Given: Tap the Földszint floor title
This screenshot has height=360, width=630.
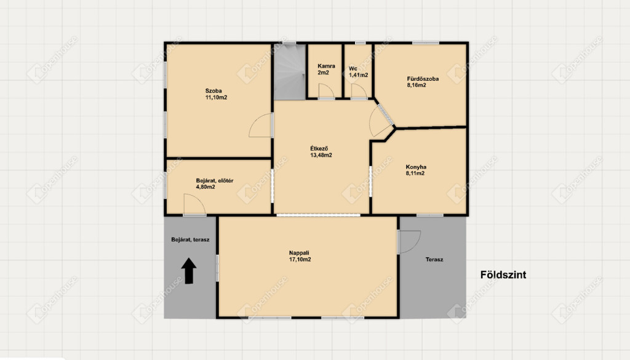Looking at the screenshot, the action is pyautogui.click(x=503, y=275).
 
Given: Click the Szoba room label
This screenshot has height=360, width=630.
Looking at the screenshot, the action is pyautogui.click(x=213, y=91).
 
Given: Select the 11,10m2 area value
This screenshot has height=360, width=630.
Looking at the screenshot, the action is pyautogui.click(x=216, y=97).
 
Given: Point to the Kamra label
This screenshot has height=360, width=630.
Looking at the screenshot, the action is pyautogui.click(x=326, y=66).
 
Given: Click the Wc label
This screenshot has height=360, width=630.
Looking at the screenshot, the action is pyautogui.click(x=353, y=68).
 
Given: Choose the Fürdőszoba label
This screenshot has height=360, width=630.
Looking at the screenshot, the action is pyautogui.click(x=423, y=79).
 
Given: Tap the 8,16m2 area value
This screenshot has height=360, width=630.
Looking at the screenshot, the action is pyautogui.click(x=417, y=85).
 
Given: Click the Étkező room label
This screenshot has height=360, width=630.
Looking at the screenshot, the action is pyautogui.click(x=319, y=149).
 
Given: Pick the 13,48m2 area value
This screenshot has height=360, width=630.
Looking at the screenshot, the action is pyautogui.click(x=321, y=155).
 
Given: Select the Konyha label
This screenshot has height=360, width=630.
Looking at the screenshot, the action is pyautogui.click(x=416, y=167).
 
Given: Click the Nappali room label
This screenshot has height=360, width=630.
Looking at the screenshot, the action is pyautogui.click(x=299, y=253).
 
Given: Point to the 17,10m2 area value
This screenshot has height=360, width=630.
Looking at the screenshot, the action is pyautogui.click(x=300, y=260).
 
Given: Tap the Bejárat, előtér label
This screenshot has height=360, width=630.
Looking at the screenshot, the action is pyautogui.click(x=215, y=180).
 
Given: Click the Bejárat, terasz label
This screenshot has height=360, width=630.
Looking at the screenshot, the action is pyautogui.click(x=190, y=239).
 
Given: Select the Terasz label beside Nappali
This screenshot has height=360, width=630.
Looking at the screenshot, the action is pyautogui.click(x=434, y=260).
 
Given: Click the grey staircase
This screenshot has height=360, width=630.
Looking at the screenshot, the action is pyautogui.click(x=290, y=71).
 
